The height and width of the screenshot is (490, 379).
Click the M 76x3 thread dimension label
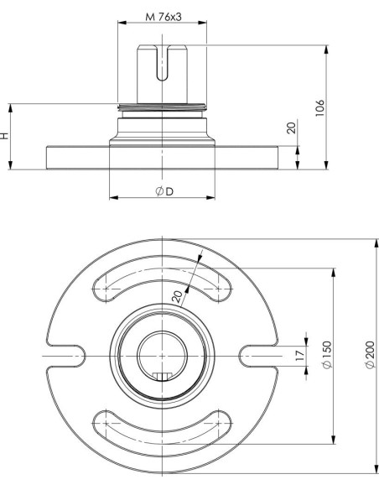[164, 17]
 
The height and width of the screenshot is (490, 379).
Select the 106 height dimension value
[319, 108]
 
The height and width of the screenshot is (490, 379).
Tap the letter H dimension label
[4, 136]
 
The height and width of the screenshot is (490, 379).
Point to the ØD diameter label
[164, 191]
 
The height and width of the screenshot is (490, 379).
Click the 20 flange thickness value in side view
[291, 128]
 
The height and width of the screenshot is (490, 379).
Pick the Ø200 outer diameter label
[370, 354]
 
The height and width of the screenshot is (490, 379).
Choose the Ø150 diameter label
[326, 354]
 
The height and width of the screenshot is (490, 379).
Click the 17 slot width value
[299, 355]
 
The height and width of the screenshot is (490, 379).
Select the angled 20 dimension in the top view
[177, 296]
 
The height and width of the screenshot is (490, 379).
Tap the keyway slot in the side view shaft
[162, 63]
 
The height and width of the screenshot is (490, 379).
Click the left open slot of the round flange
[66, 356]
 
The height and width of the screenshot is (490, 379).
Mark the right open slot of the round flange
[258, 356]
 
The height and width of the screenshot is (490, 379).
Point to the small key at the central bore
[162, 377]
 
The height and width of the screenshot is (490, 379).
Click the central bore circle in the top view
[163, 331]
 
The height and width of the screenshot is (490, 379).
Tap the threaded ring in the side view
[162, 107]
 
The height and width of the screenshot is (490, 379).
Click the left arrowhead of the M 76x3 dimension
[122, 23]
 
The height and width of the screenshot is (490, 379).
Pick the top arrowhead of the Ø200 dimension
[376, 243]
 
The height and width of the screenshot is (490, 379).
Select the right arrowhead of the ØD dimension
[211, 197]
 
